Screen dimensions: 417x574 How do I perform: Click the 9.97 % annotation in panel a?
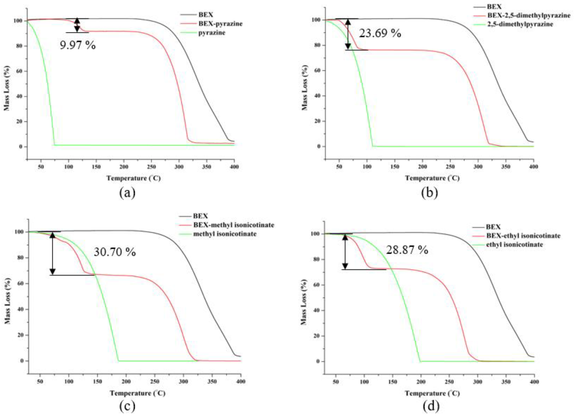[78, 45]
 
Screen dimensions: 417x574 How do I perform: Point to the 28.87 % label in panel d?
[407, 250]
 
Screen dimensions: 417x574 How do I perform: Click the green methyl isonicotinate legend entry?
[224, 234]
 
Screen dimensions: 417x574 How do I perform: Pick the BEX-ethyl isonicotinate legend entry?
[523, 236]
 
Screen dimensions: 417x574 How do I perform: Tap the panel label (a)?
[127, 193]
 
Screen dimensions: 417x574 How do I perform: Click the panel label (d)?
[431, 406]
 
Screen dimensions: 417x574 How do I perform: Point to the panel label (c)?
[127, 406]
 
